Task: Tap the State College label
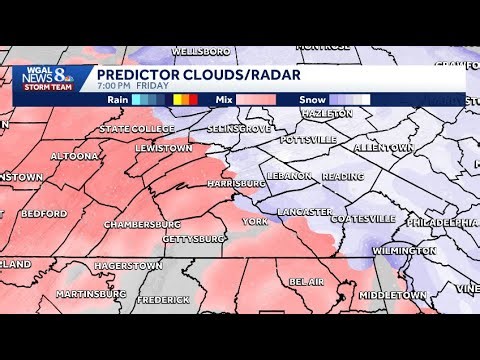tap(129, 129)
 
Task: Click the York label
tap(255, 220)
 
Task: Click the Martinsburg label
tap(91, 294)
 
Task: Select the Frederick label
tap(163, 300)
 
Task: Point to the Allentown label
tap(384, 147)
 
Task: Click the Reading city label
tap(342, 176)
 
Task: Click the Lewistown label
tap(163, 148)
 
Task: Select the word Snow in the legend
tap(311, 99)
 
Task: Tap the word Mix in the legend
tap(223, 99)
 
